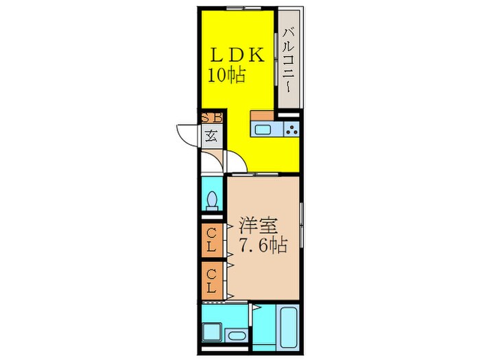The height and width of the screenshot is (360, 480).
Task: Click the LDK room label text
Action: point(237,56)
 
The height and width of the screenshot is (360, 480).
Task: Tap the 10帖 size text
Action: point(227,75)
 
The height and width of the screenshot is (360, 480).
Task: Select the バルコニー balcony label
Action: point(289,60)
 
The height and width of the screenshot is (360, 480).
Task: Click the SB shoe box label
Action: point(212,117)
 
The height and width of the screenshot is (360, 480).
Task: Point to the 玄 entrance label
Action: point(212,136)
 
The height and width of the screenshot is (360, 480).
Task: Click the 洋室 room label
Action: point(259,226)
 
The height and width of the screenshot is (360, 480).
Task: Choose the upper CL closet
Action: point(211,241)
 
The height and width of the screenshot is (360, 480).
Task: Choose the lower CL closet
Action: point(211,280)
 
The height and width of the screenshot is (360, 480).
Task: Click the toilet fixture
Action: point(212,201)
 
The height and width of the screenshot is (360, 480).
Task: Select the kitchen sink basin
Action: point(263,129)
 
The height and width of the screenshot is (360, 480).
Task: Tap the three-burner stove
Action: point(291,129)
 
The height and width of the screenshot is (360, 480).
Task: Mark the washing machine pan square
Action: point(212,333)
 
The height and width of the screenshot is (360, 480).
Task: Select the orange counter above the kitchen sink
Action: point(262,115)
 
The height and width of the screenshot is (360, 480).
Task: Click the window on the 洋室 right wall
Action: point(302,225)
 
